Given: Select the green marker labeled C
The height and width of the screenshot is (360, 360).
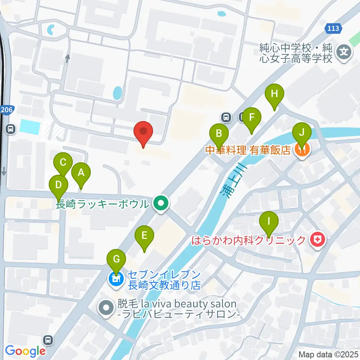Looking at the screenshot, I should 63,163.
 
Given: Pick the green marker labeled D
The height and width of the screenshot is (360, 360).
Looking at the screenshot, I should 58,185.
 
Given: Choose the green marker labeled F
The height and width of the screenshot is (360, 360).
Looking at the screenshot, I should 252,117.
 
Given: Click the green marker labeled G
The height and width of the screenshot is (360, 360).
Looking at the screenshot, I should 116,259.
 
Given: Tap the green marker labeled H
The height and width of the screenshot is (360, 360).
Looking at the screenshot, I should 274,94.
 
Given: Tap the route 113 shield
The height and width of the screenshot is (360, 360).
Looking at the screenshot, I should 333,28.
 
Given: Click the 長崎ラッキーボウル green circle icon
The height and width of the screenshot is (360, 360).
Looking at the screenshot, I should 161,204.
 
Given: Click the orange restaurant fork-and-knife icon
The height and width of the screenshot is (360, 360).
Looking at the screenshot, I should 303,150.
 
